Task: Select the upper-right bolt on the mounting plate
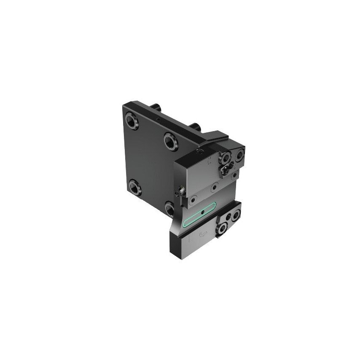click(171, 141)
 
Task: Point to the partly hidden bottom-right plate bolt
click(169, 208)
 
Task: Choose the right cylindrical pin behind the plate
click(194, 126)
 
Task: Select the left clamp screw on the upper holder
click(226, 158)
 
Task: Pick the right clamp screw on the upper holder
click(239, 155)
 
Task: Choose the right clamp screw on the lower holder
click(235, 215)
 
